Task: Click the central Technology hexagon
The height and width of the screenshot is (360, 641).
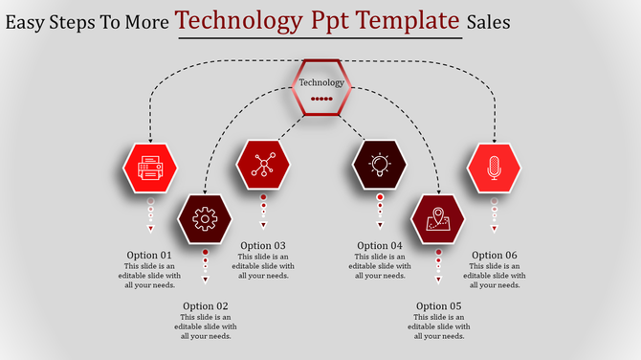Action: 321,88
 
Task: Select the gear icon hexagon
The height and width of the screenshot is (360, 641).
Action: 204,219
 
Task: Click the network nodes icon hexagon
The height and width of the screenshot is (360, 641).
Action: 262,165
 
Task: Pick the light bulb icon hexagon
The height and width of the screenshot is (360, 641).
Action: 380,165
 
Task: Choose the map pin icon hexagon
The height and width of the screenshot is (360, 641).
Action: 438,219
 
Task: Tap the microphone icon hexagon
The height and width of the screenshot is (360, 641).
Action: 494,168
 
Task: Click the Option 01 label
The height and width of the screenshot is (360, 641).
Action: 149,255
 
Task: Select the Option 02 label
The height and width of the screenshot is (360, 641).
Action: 205,306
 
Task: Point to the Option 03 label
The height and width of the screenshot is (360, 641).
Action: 263,245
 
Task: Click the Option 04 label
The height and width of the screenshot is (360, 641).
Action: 380,245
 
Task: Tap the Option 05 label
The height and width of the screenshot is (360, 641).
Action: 438,306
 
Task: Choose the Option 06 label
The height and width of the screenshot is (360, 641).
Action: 494,255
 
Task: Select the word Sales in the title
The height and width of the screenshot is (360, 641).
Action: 489,21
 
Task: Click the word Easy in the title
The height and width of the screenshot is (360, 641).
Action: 27,21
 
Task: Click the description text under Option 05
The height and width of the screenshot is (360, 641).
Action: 438,326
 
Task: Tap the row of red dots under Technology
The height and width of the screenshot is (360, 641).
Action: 321,99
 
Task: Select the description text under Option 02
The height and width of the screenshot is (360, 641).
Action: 205,326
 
